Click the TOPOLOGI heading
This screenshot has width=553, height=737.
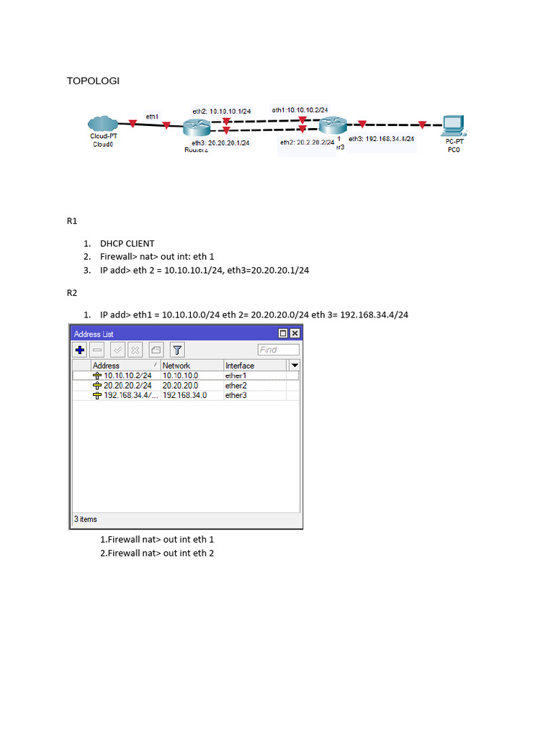(x=93, y=81)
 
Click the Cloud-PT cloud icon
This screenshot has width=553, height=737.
(x=104, y=124)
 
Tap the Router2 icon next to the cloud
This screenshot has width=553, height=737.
(x=195, y=127)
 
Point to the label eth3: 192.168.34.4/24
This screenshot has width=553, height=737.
(x=381, y=138)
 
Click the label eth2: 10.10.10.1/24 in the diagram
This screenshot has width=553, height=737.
(x=221, y=111)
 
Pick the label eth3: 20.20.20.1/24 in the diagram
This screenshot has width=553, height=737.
(x=220, y=143)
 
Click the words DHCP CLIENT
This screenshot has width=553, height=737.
(x=127, y=243)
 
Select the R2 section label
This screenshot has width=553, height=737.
(x=72, y=293)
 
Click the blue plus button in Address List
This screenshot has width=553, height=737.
(x=80, y=350)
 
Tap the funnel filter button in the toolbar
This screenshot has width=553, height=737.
(x=176, y=350)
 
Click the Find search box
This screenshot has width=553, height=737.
(x=278, y=350)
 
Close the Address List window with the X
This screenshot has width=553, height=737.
(x=295, y=333)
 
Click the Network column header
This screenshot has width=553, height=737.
(x=176, y=366)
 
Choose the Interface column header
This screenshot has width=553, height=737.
(x=240, y=366)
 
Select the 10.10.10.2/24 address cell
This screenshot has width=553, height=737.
(x=127, y=375)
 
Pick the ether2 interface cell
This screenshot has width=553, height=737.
(x=236, y=385)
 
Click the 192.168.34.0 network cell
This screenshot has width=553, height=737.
(x=184, y=395)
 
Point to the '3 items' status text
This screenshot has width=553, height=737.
(x=86, y=519)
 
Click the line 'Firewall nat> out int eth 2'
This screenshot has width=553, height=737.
(x=156, y=553)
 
